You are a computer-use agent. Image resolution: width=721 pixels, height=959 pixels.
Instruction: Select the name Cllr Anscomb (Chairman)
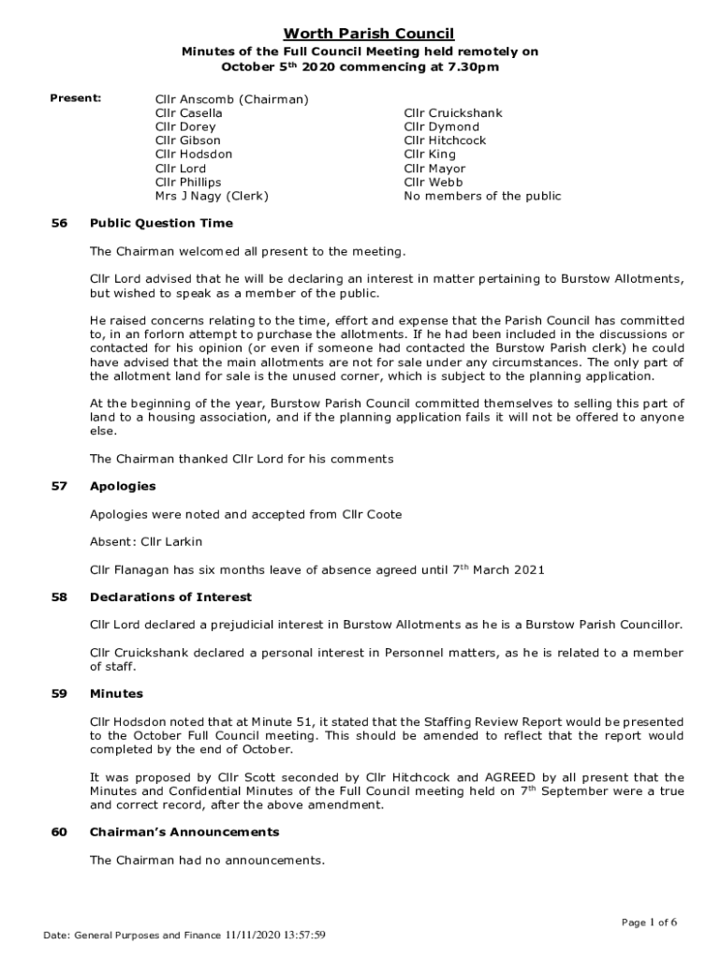coord(232,98)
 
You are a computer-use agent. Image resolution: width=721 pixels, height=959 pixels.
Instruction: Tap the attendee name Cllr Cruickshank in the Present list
coord(453,112)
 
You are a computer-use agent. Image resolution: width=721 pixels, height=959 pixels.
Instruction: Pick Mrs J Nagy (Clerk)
coord(212,196)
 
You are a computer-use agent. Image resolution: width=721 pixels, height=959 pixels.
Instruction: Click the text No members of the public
coord(482,196)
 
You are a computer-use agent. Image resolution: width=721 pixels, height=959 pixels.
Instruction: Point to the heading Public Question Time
coord(161,224)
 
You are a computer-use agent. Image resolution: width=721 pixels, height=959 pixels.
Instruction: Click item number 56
coord(60,224)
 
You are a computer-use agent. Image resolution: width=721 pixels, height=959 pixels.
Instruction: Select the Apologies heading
coord(123,486)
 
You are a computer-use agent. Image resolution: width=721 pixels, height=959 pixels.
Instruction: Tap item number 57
coord(60,486)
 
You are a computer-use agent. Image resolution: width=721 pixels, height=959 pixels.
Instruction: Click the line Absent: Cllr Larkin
coord(145,541)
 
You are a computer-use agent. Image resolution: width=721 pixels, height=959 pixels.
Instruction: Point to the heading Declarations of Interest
coord(170,597)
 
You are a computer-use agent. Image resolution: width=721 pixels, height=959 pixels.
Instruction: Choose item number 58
coord(60,597)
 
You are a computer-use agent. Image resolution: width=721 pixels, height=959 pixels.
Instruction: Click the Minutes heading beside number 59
coord(116,694)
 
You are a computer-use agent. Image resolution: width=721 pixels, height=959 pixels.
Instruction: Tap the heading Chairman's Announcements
coord(184,832)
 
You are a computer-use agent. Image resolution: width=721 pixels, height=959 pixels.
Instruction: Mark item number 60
coord(60,832)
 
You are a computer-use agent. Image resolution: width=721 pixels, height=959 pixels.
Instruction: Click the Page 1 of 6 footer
coord(648,922)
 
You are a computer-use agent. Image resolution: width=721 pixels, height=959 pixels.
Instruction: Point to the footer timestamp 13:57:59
coord(300,935)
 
